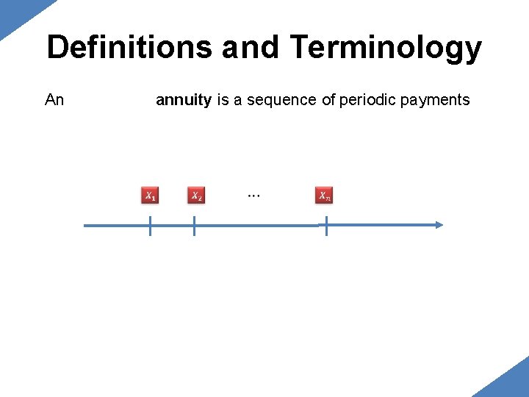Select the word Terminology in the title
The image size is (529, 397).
click(386, 48)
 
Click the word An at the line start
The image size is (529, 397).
click(54, 100)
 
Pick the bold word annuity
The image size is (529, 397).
click(184, 100)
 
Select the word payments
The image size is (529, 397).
click(436, 100)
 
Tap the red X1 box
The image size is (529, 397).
click(149, 196)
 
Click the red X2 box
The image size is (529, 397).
click(196, 196)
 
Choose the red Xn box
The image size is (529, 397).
click(324, 196)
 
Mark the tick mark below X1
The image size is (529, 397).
click(150, 226)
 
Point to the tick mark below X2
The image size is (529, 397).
click(194, 226)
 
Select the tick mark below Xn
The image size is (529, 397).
click(326, 226)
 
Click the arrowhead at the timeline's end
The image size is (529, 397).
click(439, 225)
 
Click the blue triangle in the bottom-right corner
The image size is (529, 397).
click(511, 382)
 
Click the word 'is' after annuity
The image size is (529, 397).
click(223, 100)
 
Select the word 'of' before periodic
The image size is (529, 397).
click(328, 100)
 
